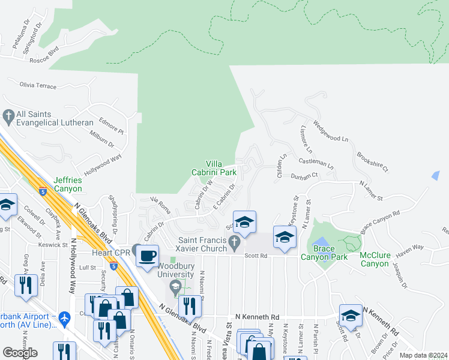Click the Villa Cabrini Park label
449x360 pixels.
tap(221, 167)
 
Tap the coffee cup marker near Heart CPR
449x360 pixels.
tap(147, 256)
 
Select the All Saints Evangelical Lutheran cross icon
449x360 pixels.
tap(8, 115)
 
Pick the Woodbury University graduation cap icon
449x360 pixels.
tap(175, 287)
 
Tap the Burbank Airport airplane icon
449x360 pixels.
tap(65, 321)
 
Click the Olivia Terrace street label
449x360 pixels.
tap(38, 86)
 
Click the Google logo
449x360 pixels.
tap(20, 353)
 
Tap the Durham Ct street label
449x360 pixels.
tap(304, 177)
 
